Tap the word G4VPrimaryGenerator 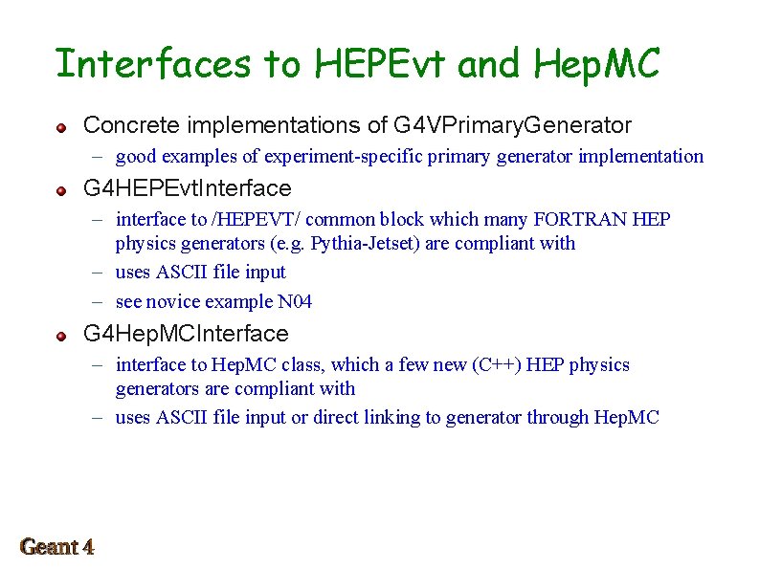512,125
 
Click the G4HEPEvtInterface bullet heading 188,188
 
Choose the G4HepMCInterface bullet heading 186,334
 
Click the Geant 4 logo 57,547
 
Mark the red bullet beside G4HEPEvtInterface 60,190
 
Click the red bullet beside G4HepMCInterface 60,336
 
